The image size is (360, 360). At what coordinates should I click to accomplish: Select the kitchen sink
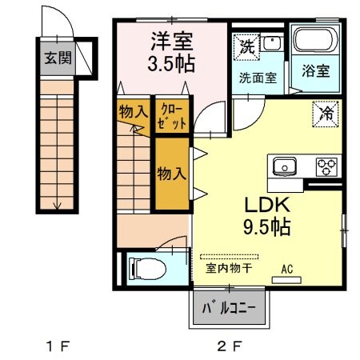285,167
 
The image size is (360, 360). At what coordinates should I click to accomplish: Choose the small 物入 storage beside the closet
134,112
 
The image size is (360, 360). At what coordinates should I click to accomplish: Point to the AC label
287,270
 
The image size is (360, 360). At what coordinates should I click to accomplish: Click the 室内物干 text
229,269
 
